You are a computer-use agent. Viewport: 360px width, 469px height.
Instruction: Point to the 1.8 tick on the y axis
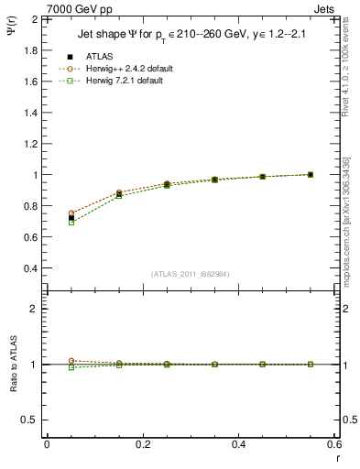(x=31, y=49)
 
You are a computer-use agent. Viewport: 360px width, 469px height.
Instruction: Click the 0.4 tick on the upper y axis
(x=31, y=268)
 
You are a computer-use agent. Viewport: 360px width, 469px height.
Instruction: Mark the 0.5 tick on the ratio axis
(x=31, y=420)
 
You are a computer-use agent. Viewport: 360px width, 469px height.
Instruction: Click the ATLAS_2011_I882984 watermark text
(x=190, y=274)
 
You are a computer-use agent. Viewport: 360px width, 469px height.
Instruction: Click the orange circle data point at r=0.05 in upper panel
(x=47, y=213)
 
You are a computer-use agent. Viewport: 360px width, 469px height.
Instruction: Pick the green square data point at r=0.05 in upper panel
(x=47, y=223)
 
